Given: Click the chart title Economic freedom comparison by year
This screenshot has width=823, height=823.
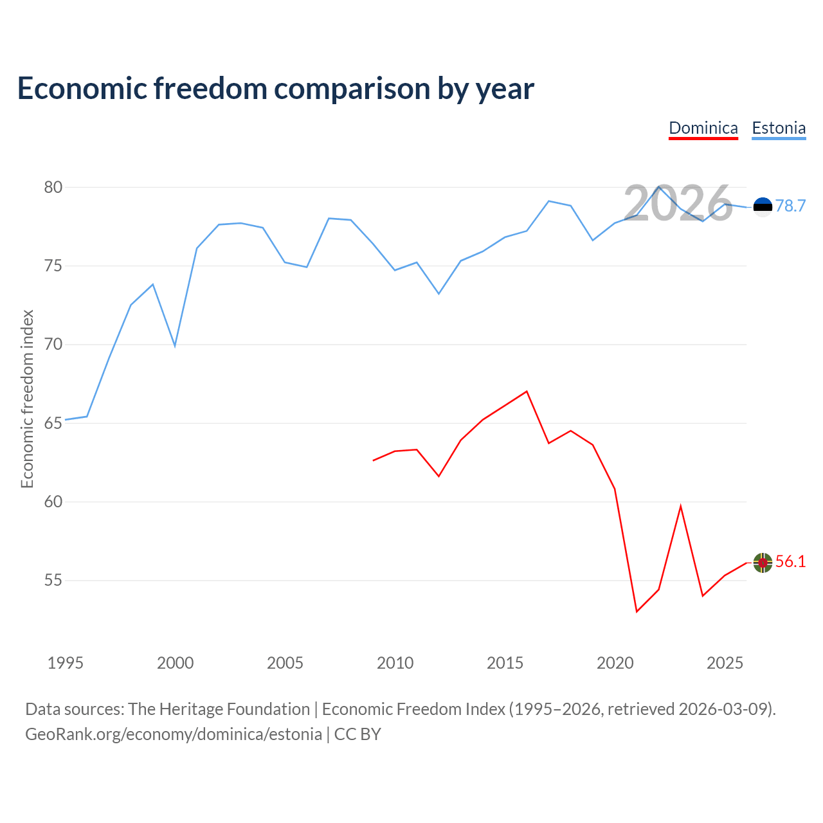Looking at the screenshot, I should click(x=276, y=89).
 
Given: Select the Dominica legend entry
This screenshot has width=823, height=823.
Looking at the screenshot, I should click(x=703, y=128).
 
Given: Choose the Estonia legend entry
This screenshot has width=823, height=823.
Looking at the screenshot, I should click(x=779, y=128).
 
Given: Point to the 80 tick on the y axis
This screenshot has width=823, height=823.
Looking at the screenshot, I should click(x=53, y=188).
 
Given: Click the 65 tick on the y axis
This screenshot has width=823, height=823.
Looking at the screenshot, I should click(x=53, y=423).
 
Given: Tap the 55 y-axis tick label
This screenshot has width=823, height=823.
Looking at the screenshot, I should click(x=53, y=581).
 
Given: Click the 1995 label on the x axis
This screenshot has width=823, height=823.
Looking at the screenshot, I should click(x=66, y=663).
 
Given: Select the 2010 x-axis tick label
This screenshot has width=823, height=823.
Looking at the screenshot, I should click(x=395, y=663).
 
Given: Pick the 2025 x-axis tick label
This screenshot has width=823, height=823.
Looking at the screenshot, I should click(x=725, y=663).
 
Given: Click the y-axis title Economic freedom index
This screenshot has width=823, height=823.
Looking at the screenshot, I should click(x=27, y=399).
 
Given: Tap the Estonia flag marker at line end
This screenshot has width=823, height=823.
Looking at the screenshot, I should click(x=763, y=206).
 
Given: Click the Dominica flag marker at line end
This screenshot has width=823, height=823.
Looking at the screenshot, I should click(x=763, y=563).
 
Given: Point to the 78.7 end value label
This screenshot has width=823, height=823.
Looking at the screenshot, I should click(x=790, y=206).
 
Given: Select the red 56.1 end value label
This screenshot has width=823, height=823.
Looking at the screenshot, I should click(x=790, y=561).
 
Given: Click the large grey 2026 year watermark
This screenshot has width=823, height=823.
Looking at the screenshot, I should click(x=678, y=204).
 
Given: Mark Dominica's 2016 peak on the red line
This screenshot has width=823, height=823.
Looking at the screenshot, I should click(x=527, y=391).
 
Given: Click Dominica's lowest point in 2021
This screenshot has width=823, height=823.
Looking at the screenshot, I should click(x=637, y=611).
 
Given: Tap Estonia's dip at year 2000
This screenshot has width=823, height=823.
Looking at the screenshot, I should click(x=175, y=346).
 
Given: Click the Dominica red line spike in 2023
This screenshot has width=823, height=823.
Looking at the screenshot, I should click(x=680, y=506).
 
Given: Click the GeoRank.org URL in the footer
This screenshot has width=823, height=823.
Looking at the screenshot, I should click(x=174, y=734).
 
